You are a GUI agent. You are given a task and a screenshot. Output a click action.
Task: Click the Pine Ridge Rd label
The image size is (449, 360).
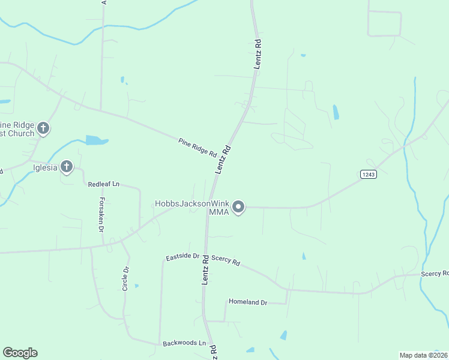197,148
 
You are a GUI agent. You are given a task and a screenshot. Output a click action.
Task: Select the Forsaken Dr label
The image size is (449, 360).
101,215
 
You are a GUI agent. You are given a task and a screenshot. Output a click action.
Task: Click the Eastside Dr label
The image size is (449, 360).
182,256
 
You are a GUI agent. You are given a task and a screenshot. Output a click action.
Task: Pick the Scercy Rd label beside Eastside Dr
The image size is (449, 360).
226,262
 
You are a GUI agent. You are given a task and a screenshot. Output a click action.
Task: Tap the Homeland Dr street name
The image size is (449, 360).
247,302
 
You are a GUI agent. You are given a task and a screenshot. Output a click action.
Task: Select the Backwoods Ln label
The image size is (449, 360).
184,344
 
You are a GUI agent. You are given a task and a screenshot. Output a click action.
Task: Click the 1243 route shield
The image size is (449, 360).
368,174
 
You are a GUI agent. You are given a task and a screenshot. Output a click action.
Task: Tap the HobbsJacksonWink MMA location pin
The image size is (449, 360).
238,208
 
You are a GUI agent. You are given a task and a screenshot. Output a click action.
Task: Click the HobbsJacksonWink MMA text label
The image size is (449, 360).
192,208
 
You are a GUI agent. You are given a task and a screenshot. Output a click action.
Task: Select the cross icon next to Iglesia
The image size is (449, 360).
67,166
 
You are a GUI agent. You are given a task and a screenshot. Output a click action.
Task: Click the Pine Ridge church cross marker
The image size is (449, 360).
43,128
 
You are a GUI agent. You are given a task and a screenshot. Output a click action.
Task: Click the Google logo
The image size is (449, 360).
20,352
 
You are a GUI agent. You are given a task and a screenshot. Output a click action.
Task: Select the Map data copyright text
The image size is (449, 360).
423,355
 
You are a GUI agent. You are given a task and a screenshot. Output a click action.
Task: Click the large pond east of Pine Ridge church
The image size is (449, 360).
96,140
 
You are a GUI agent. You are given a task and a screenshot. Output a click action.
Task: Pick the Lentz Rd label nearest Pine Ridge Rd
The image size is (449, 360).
223,160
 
